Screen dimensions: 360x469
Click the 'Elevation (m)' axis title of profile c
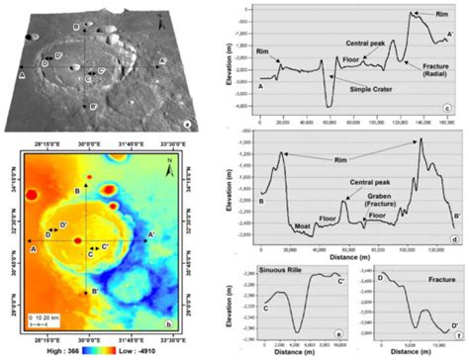click(230, 61)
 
